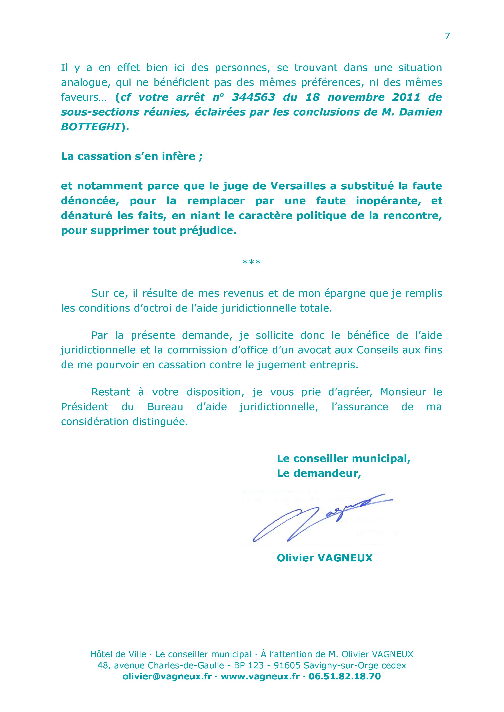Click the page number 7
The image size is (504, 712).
pyautogui.click(x=447, y=36)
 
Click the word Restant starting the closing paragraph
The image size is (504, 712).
pyautogui.click(x=111, y=392)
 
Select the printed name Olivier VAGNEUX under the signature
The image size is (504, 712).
pyautogui.click(x=324, y=558)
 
